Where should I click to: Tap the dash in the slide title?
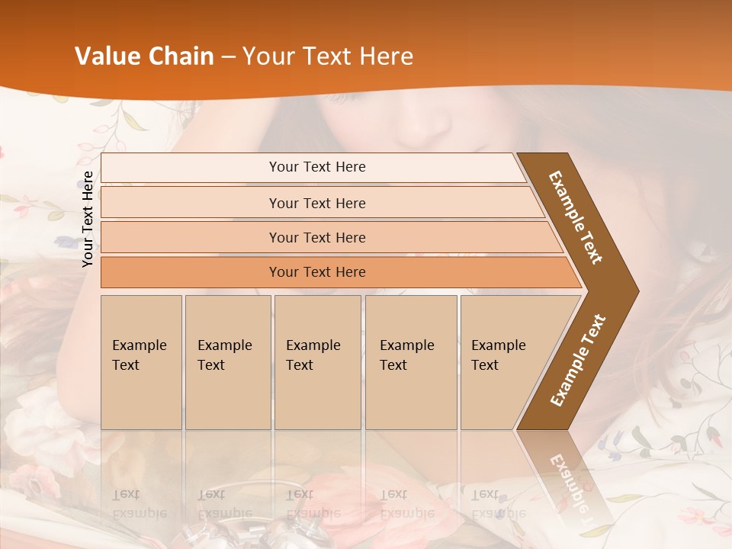click(x=228, y=57)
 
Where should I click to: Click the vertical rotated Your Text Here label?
click(x=88, y=219)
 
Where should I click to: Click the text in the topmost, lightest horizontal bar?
click(x=317, y=167)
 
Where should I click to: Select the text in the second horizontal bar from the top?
click(x=317, y=204)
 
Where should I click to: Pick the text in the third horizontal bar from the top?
click(x=317, y=238)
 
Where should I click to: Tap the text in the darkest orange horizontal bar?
click(x=317, y=272)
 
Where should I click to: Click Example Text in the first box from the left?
click(x=139, y=355)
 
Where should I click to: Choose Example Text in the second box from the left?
click(x=224, y=355)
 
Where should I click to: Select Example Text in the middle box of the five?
click(x=313, y=355)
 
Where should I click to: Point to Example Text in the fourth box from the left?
click(x=406, y=355)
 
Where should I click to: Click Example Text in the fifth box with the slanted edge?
click(x=498, y=355)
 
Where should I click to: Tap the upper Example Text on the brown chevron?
click(x=576, y=217)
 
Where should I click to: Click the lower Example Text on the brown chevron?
click(x=578, y=361)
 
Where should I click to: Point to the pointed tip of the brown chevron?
click(x=636, y=291)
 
